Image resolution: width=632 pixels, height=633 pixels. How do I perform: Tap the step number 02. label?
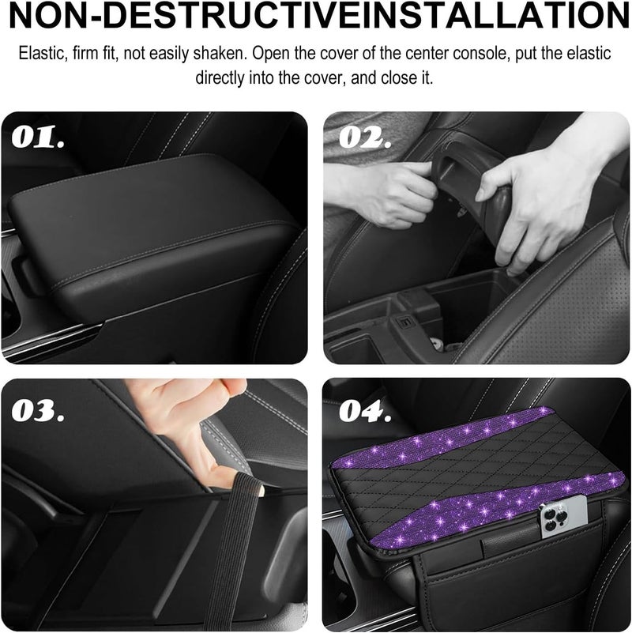(366, 138)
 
